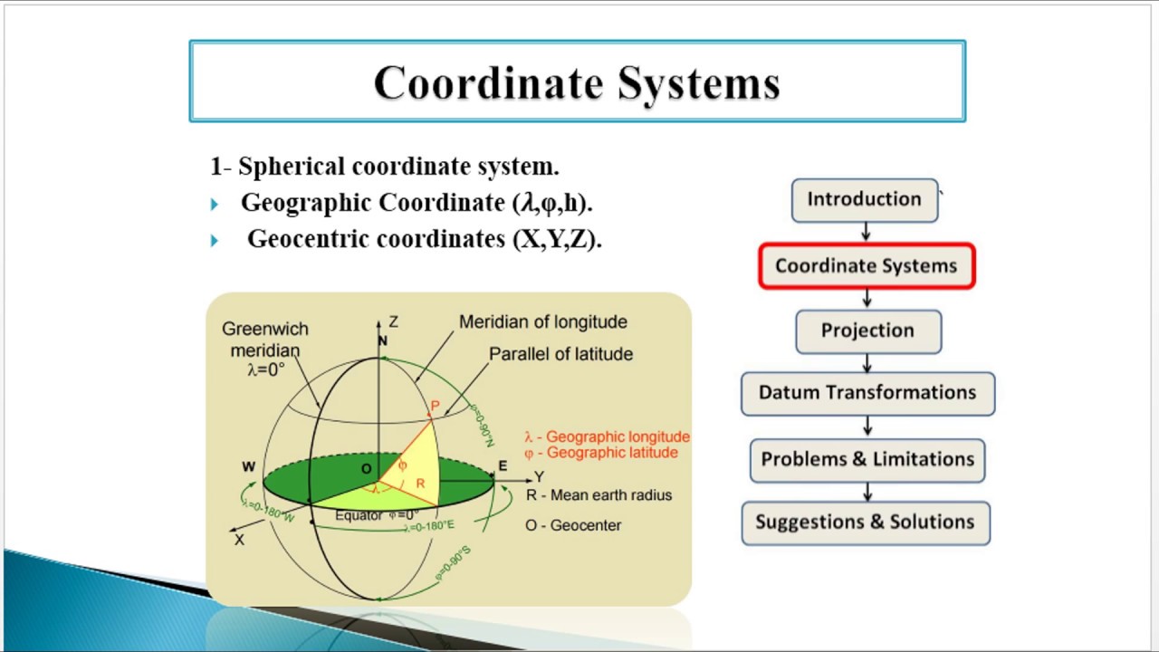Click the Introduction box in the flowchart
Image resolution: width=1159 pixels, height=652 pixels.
(864, 200)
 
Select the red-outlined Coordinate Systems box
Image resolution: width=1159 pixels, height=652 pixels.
(867, 266)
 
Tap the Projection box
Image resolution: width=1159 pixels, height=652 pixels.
(867, 331)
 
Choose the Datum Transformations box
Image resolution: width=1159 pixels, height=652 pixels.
(867, 393)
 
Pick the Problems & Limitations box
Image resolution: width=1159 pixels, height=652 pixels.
(867, 459)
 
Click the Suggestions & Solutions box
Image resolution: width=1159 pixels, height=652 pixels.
(865, 523)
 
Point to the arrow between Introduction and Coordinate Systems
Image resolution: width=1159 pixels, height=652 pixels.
(867, 233)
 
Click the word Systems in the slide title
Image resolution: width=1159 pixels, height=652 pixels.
(698, 83)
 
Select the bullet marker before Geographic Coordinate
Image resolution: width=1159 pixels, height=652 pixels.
(215, 205)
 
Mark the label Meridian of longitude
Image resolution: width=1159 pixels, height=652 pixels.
(542, 322)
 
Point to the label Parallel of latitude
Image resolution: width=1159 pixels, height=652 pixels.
(560, 354)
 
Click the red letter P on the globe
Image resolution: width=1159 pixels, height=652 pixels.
(435, 407)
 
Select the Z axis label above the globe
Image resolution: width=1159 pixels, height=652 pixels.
(393, 321)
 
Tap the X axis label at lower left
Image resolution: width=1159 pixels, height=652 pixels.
(240, 540)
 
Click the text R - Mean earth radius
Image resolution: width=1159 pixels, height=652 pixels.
(599, 495)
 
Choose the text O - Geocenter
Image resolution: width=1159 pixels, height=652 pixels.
(573, 525)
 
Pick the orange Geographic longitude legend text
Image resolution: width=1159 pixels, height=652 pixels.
(607, 437)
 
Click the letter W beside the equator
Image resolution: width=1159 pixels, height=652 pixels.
(248, 467)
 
